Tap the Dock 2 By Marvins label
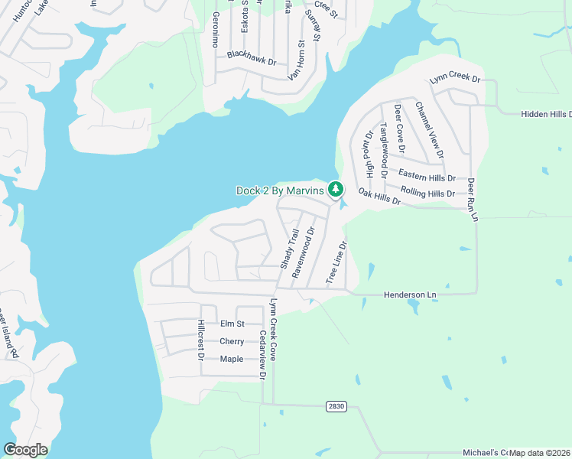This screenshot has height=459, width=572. click(280, 190)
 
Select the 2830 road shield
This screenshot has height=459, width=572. click(334, 405)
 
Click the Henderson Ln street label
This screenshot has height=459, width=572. click(408, 295)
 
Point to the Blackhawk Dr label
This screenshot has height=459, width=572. click(251, 58)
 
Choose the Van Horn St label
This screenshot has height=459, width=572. click(296, 61)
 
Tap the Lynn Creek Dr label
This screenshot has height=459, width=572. click(454, 79)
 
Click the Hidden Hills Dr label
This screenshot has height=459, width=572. click(546, 114)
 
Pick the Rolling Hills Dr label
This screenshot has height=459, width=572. click(427, 193)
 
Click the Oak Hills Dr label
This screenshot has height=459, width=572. click(379, 199)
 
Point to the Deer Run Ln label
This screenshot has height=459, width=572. click(472, 200)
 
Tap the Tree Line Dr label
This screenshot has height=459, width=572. click(336, 264)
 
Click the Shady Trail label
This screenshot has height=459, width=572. click(288, 249)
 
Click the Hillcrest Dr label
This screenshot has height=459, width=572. click(200, 340)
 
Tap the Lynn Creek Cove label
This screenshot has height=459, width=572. click(272, 331)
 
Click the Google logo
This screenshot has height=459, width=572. click(25, 450)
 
